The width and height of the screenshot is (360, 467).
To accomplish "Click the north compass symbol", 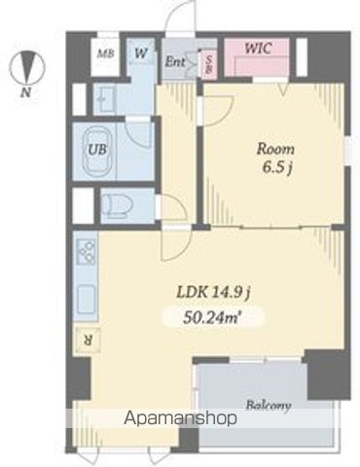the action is point(26,67).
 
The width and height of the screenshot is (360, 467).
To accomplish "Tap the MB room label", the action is point(106,54).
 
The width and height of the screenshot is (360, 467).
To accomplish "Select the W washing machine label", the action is point(140,53).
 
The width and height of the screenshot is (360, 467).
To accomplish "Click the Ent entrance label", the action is point(175,61).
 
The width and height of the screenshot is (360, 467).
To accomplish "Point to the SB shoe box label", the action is point(210,63).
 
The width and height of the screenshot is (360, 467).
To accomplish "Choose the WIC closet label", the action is point(258,49).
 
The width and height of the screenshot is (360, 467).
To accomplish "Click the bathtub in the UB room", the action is point(97,150).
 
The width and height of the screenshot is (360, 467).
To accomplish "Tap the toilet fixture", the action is point(117,205).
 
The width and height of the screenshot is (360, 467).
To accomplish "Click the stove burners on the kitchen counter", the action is point(87,252).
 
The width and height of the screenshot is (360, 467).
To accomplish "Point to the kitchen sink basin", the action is point(86,300).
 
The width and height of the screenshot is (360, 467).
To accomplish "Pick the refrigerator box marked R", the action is point(88,340).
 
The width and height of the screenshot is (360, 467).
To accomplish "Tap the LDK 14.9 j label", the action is point(213,293).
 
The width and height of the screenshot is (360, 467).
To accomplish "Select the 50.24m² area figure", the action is point(212,318).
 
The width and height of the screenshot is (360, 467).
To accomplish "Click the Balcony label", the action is point(268,406).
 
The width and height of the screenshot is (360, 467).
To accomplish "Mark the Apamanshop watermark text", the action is point(180,418).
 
